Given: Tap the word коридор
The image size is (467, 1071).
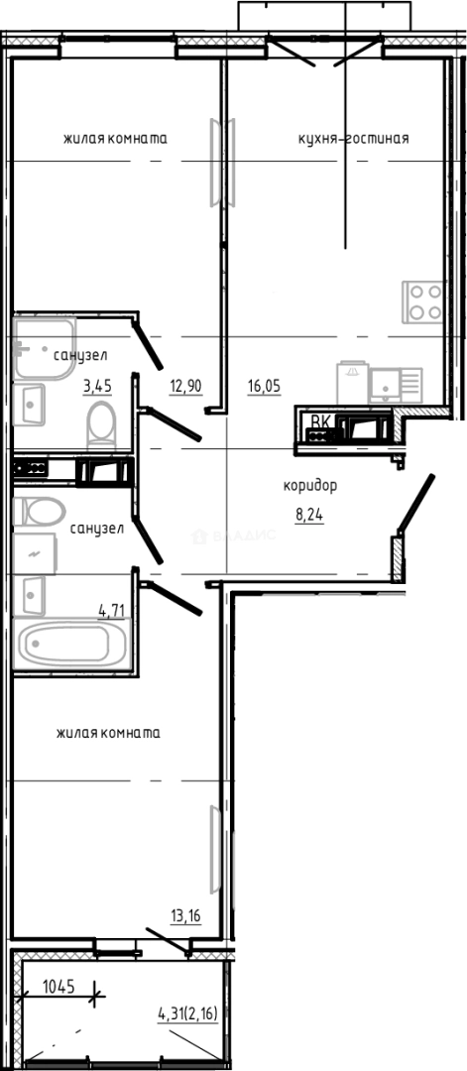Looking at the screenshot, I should click(x=310, y=486).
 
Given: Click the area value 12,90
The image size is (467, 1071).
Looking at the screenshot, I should click(x=185, y=388).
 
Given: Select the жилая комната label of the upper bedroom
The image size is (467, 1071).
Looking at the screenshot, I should click(x=115, y=139).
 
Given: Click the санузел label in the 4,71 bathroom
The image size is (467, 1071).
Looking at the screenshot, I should click(x=96, y=529).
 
